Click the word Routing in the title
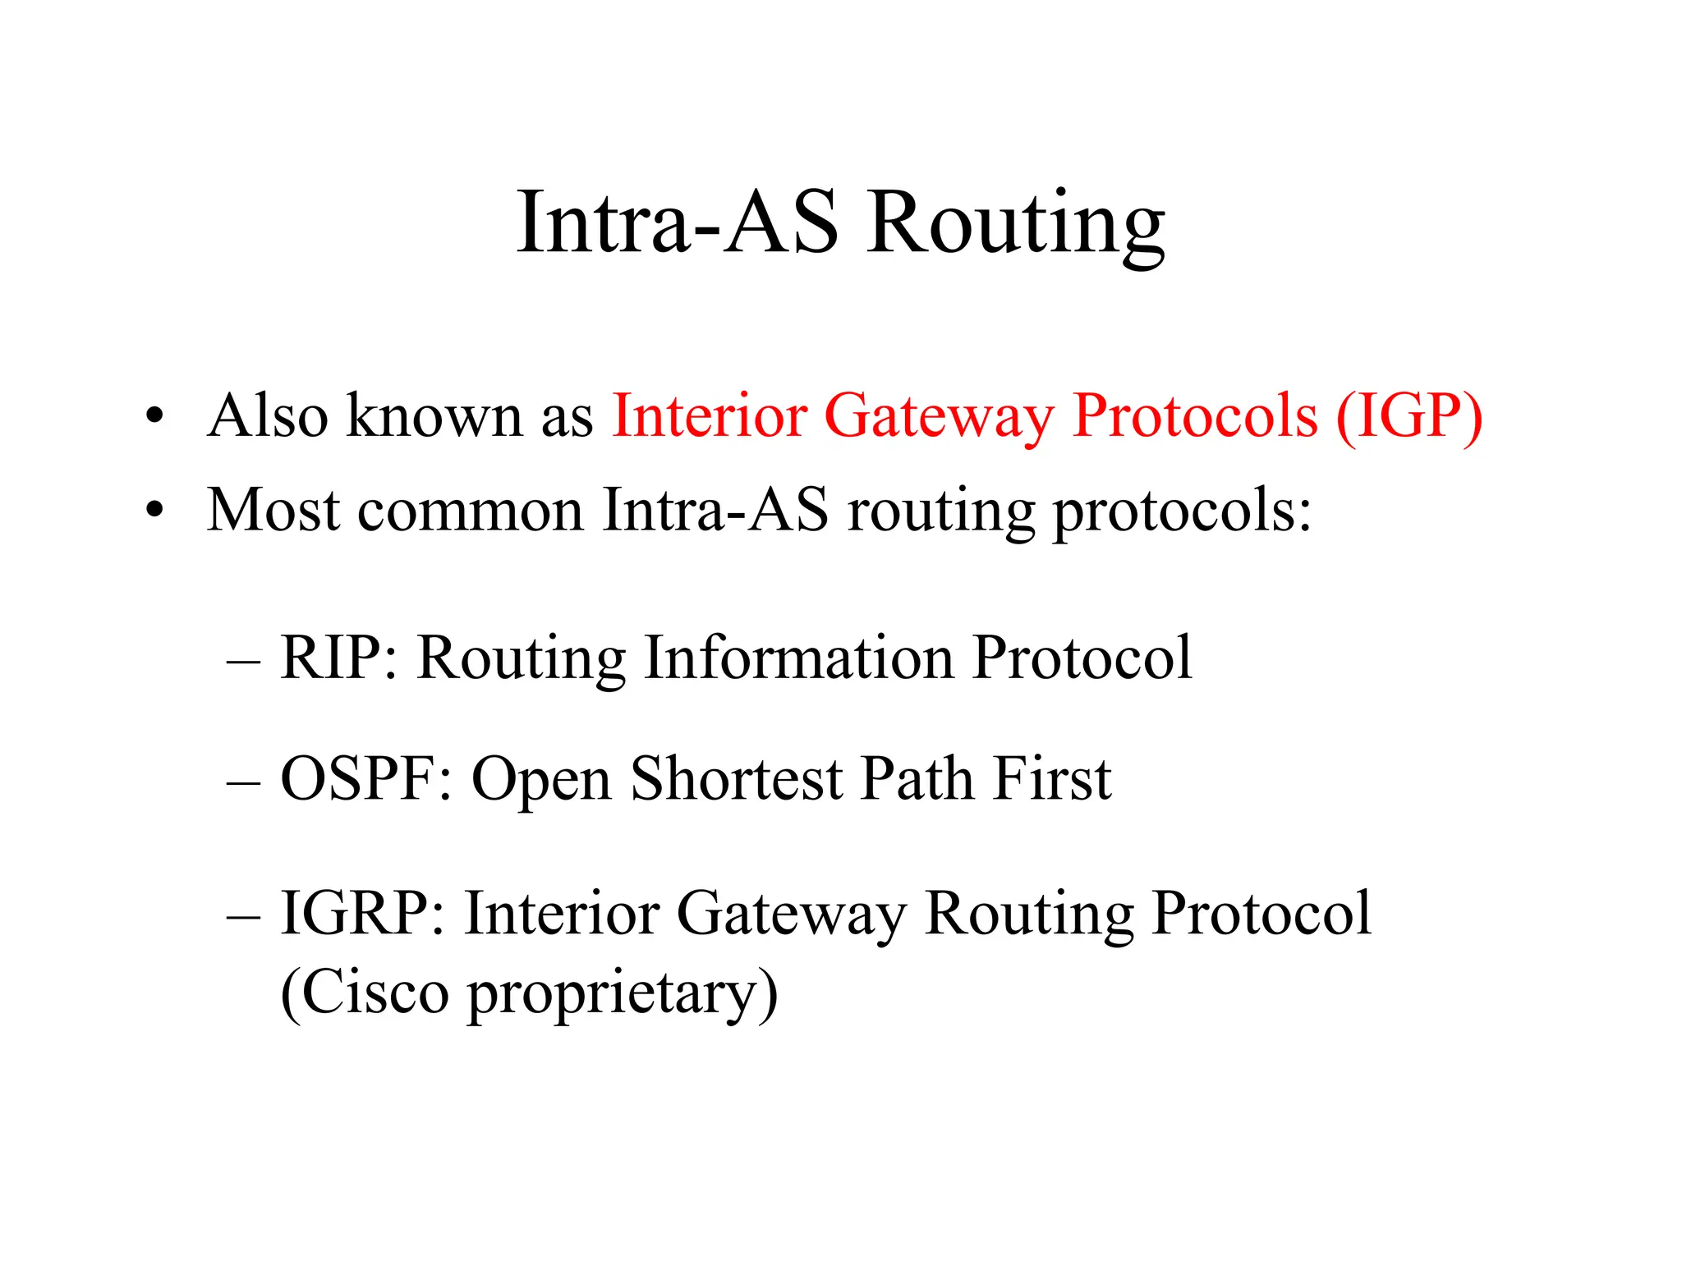pos(1016,223)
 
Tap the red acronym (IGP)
pos(1409,416)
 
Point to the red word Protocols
pos(1195,416)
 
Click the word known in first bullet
pos(434,416)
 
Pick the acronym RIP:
pos(338,658)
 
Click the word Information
pos(798,658)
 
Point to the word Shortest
pos(736,778)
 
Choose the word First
pos(1051,778)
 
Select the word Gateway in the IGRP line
pos(790,913)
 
